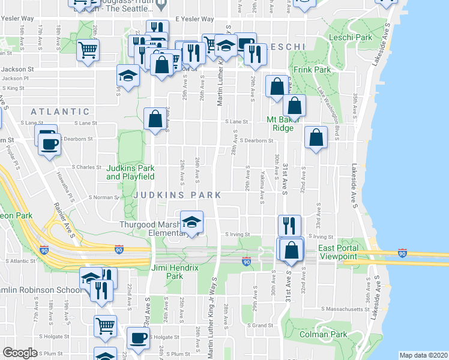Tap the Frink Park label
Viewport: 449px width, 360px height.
click(313, 70)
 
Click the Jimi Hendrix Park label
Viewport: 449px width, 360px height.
click(167, 272)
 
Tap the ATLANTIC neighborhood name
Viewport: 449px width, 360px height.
click(60, 112)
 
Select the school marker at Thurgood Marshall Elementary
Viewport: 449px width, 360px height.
click(191, 223)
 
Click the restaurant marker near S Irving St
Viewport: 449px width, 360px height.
click(289, 226)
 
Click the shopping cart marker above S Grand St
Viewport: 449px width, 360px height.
click(105, 326)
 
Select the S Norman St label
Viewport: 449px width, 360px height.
click(104, 197)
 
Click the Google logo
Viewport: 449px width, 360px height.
click(20, 353)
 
